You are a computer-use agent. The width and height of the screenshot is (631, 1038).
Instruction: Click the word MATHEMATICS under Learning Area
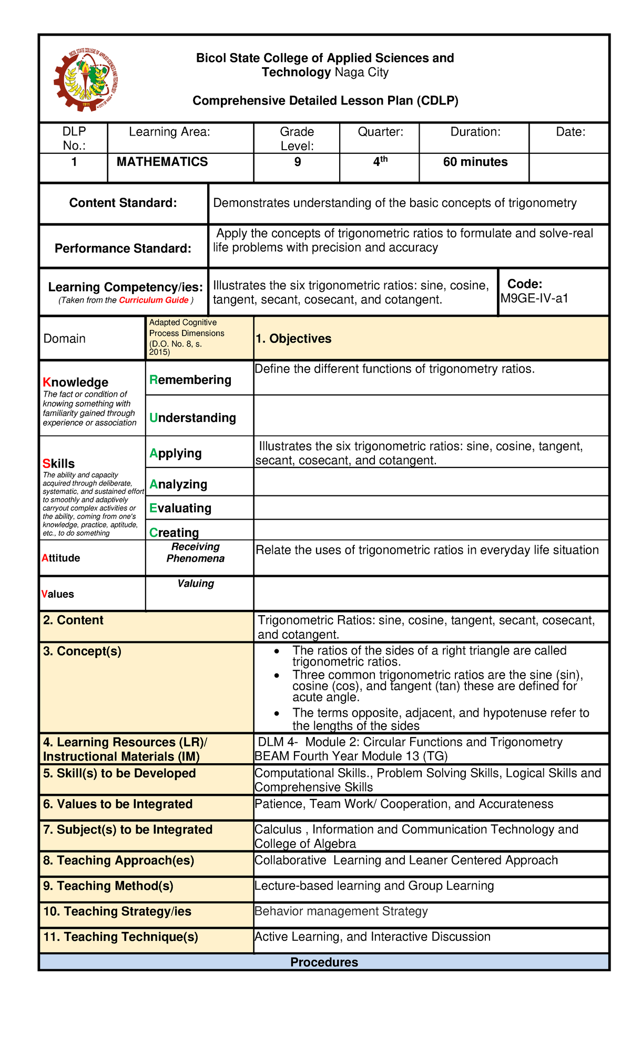[162, 162]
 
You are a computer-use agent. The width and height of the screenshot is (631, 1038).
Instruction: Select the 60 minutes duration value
[475, 162]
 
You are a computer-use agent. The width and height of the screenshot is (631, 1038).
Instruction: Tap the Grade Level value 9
[298, 162]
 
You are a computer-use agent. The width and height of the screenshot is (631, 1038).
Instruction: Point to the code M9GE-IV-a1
[534, 299]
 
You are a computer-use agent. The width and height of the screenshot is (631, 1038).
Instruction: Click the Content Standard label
[123, 203]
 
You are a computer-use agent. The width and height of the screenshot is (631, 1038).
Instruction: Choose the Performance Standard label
[123, 248]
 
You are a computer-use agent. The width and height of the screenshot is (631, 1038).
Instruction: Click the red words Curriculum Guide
[154, 300]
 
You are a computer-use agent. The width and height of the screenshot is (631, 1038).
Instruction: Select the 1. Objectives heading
[293, 339]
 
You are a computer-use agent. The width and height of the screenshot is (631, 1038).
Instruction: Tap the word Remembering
[190, 380]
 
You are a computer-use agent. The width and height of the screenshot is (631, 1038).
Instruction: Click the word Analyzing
[178, 484]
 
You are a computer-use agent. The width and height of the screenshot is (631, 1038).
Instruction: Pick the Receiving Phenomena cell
[196, 553]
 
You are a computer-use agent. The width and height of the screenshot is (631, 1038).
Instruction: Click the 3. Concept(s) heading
[82, 651]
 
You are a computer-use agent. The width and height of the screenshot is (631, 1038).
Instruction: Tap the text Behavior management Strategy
[341, 911]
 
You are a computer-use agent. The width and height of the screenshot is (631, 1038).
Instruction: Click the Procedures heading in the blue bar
[324, 962]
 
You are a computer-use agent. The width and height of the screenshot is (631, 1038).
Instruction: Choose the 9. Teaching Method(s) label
[108, 886]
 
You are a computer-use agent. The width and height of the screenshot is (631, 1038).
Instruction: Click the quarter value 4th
[380, 162]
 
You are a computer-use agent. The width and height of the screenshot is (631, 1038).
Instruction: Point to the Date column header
[571, 132]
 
